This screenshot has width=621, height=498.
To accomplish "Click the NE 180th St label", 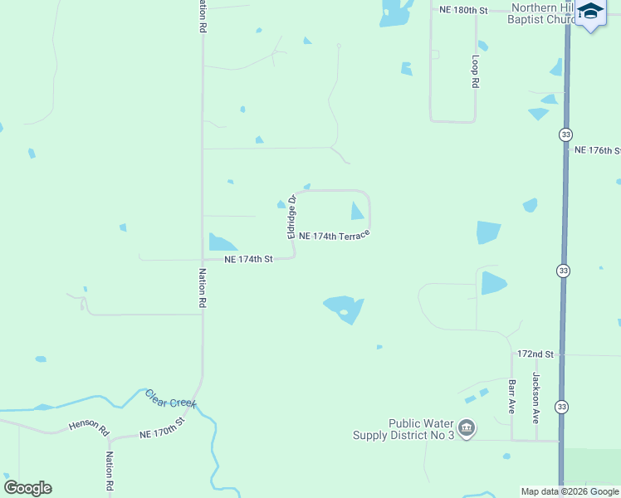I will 462,9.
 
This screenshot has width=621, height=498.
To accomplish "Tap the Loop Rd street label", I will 475,71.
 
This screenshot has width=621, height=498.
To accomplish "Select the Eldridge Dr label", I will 292,217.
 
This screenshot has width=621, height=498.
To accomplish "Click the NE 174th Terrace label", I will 334,236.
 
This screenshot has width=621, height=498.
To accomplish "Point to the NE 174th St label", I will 249,260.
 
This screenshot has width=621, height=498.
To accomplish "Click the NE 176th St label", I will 598,150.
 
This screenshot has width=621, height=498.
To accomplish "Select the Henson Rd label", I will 89,427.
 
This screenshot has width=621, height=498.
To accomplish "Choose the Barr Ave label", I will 511,397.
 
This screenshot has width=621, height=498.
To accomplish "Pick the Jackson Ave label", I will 536,394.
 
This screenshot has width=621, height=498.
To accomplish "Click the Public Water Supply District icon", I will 467,427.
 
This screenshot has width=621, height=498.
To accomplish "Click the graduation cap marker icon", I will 590,12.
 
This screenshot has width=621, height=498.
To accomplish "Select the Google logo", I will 27,488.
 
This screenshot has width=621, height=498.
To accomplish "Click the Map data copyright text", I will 570,491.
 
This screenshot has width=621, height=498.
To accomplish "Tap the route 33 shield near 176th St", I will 565,134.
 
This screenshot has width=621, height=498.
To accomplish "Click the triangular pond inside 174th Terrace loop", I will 357,212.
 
